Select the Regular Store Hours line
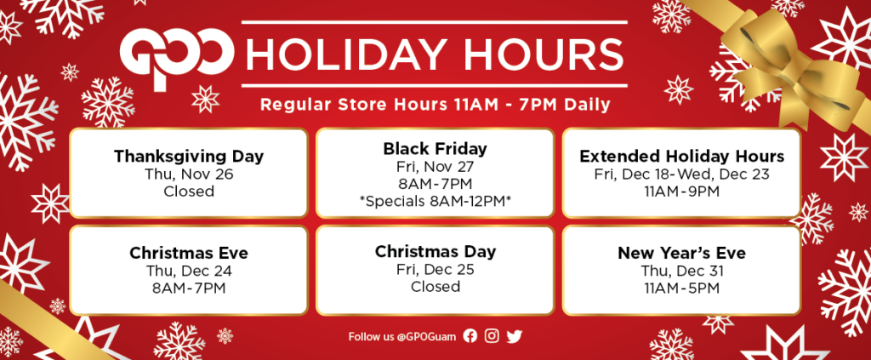435,105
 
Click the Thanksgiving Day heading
189,156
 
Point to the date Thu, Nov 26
189,174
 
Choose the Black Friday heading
435,148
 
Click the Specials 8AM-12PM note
435,201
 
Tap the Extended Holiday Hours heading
681,156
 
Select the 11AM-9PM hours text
681,191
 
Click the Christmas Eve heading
189,254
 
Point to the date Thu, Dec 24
189,271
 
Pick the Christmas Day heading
435,252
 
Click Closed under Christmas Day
435,287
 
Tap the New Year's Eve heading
681,254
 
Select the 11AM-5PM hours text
681,289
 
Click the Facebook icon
470,336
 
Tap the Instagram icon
492,336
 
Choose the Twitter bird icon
515,336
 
